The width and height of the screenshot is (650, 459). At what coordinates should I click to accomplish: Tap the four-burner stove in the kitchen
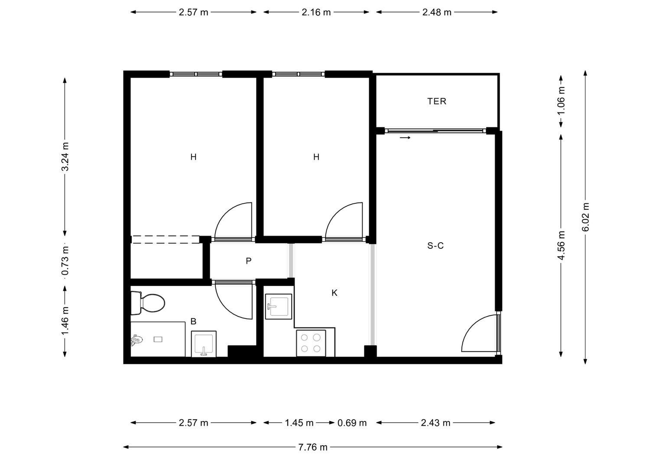pyautogui.click(x=311, y=343)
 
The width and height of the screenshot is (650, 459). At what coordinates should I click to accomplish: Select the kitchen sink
pyautogui.click(x=278, y=307)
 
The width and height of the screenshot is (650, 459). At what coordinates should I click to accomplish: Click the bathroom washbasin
pyautogui.click(x=204, y=344)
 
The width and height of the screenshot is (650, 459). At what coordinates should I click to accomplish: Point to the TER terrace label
pyautogui.click(x=436, y=101)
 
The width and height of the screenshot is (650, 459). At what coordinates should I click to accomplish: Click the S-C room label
pyautogui.click(x=435, y=246)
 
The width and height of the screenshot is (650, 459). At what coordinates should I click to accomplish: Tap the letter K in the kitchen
pyautogui.click(x=334, y=293)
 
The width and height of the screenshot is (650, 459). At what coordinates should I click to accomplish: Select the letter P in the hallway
pyautogui.click(x=248, y=261)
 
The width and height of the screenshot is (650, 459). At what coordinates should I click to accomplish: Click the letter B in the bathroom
pyautogui.click(x=193, y=321)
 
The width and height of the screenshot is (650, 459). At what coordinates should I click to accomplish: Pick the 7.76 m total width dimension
pyautogui.click(x=313, y=447)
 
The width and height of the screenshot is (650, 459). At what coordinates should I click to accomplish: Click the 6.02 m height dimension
pyautogui.click(x=585, y=217)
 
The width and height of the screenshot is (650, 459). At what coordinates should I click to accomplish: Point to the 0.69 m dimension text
pyautogui.click(x=352, y=423)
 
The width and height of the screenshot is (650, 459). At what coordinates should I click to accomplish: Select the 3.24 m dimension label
pyautogui.click(x=65, y=157)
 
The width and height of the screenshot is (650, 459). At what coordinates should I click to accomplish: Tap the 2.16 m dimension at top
pyautogui.click(x=316, y=12)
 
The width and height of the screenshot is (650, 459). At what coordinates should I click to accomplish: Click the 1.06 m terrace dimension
pyautogui.click(x=561, y=100)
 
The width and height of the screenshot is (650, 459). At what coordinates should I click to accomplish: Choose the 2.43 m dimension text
pyautogui.click(x=435, y=423)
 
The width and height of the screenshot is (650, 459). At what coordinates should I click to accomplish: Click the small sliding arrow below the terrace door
pyautogui.click(x=405, y=138)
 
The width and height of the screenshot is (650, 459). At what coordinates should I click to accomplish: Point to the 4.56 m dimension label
pyautogui.click(x=561, y=245)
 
